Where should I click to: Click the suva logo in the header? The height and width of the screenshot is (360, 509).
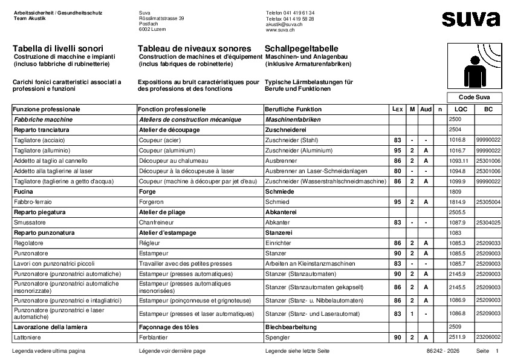pyautogui.click(x=470, y=19)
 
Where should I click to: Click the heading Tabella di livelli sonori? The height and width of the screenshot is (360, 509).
pyautogui.click(x=57, y=48)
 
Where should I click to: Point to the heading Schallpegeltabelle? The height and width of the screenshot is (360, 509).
pyautogui.click(x=302, y=48)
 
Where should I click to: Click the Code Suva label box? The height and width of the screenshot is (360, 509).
pyautogui.click(x=474, y=97)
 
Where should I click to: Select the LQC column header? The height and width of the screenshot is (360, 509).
pyautogui.click(x=461, y=110)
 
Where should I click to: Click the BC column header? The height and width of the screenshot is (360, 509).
pyautogui.click(x=488, y=110)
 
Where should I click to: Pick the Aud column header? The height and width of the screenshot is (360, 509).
pyautogui.click(x=426, y=110)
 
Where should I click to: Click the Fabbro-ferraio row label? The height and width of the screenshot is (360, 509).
pyautogui.click(x=31, y=201)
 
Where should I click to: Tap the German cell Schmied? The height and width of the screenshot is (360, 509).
pyautogui.click(x=276, y=201)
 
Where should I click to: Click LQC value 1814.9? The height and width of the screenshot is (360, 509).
pyautogui.click(x=458, y=201)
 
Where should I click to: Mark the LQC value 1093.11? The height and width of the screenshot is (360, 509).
pyautogui.click(x=459, y=161)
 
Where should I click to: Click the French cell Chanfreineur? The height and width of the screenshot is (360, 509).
pyautogui.click(x=157, y=223)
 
